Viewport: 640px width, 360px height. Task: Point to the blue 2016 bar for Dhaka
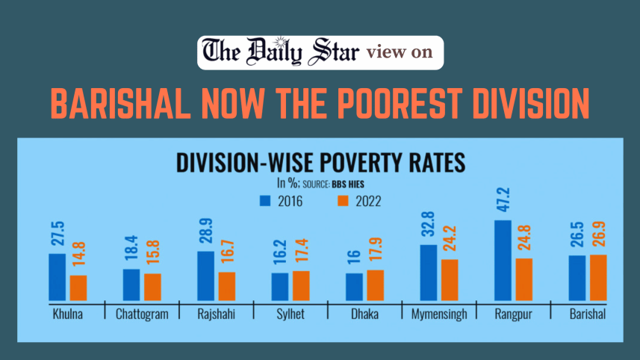pyautogui.click(x=354, y=285)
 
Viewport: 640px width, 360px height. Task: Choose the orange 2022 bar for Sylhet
pyautogui.click(x=301, y=285)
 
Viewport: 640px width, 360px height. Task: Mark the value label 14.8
pyautogui.click(x=78, y=256)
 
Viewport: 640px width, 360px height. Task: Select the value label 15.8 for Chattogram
pyautogui.click(x=152, y=255)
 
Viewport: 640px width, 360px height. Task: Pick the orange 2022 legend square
pyautogui.click(x=343, y=201)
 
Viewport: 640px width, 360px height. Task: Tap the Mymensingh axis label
pyautogui.click(x=439, y=314)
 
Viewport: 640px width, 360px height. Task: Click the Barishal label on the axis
pyautogui.click(x=585, y=314)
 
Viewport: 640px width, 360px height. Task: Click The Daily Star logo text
pyautogui.click(x=281, y=53)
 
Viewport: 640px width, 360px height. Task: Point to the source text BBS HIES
pyautogui.click(x=352, y=183)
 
